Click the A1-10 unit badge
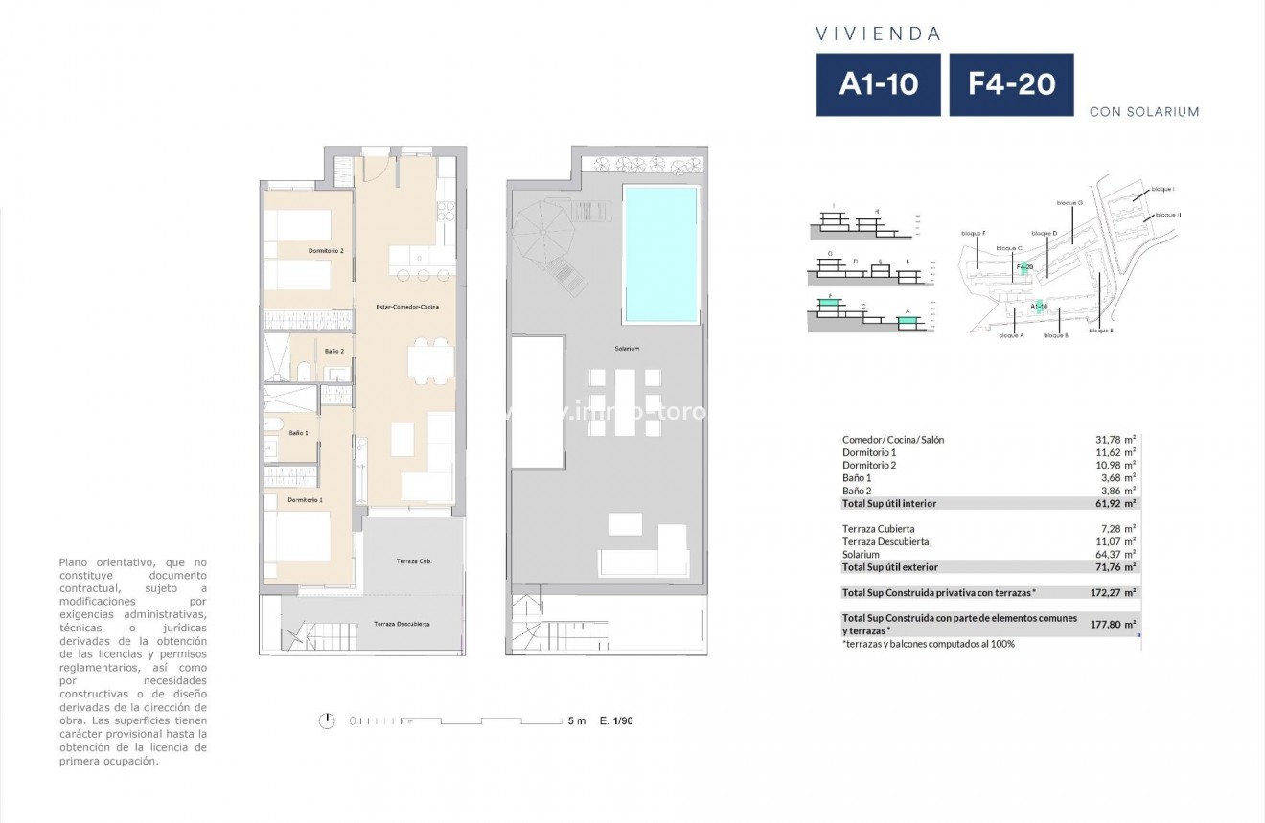(878, 84)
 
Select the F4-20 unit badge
(1011, 84)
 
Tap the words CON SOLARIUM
(1144, 112)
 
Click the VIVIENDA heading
(878, 34)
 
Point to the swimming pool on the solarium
(660, 254)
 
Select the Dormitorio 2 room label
(326, 251)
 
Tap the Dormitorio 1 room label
(305, 499)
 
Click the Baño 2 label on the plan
(333, 352)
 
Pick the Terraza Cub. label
(413, 560)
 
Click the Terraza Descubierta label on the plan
(401, 624)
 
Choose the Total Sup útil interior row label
(888, 503)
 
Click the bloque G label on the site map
(1069, 203)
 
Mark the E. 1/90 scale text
(616, 720)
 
